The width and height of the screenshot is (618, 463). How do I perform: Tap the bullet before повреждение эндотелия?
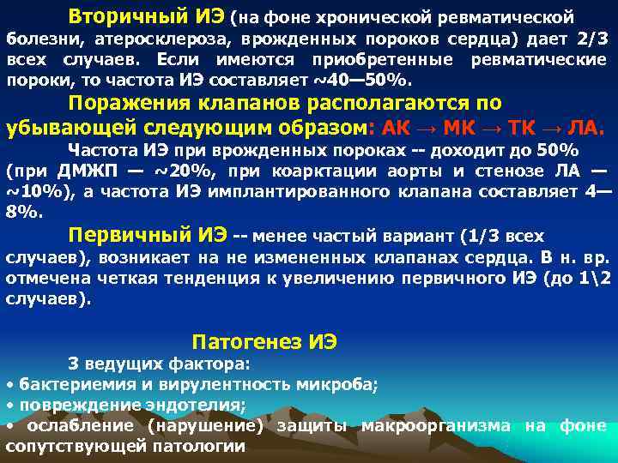pyautogui.click(x=9, y=405)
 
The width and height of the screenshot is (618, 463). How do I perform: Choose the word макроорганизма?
pyautogui.click(x=435, y=426)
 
